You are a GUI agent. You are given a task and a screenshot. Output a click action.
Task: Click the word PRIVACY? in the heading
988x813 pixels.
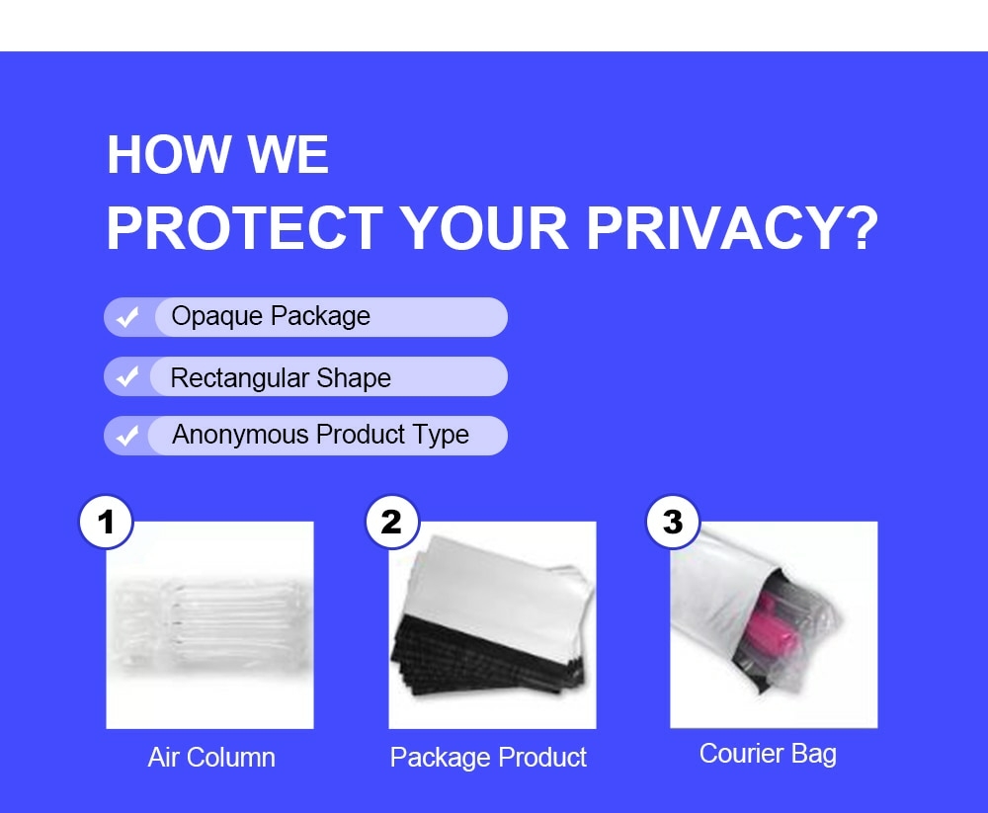(x=731, y=228)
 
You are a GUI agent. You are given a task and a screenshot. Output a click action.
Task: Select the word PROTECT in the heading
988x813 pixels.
(x=244, y=228)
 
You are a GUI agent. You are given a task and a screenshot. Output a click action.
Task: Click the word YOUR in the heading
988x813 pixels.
(x=484, y=228)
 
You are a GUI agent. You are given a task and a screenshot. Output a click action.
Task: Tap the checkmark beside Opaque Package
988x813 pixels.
(x=127, y=316)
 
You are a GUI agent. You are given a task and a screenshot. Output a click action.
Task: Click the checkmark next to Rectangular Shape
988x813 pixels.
(x=127, y=376)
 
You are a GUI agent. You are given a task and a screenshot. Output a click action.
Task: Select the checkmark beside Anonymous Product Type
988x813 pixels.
(x=127, y=435)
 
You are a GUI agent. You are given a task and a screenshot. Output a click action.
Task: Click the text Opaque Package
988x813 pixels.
(x=271, y=316)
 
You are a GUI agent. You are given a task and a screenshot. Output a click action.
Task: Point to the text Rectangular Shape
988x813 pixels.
(x=281, y=377)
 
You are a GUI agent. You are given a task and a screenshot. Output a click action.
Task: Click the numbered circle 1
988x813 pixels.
(x=106, y=522)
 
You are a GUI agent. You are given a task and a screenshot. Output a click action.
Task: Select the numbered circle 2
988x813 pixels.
(x=392, y=522)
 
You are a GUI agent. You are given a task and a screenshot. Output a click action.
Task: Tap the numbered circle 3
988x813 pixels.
(x=673, y=522)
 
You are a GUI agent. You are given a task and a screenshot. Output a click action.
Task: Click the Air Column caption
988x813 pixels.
(x=211, y=757)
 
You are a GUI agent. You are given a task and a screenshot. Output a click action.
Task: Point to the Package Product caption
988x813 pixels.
(x=488, y=758)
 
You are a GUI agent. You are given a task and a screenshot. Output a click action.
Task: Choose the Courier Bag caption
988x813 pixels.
(x=768, y=754)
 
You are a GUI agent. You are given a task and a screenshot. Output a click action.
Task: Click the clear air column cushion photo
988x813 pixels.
(x=209, y=625)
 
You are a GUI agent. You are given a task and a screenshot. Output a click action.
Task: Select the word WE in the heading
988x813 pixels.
(x=288, y=154)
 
